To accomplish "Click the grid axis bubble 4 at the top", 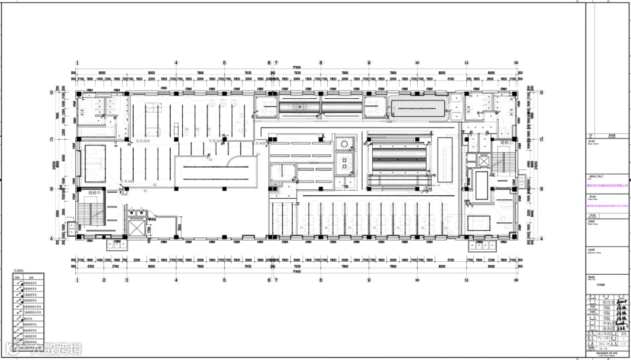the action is tap(175, 63).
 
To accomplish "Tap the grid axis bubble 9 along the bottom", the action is tap(369, 280).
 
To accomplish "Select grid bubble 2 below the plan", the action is tap(104, 280).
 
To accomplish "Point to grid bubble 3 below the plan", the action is tap(127, 280).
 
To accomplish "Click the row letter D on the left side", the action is tap(51, 92).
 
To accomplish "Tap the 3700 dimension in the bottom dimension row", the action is tap(115, 266).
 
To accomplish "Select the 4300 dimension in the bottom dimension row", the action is tap(90, 266).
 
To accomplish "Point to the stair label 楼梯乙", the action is tap(506, 142).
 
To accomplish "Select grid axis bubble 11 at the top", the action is tap(467, 63).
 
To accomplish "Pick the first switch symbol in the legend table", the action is tap(20, 284).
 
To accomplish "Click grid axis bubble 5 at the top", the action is tap(224, 63).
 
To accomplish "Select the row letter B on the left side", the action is tap(51, 189).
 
